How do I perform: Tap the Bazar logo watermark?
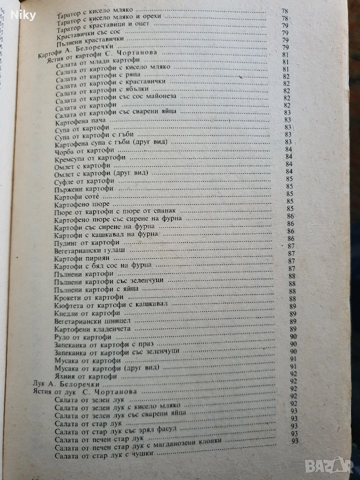(x=335, y=464)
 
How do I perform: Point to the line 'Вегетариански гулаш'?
(x=88, y=249)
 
